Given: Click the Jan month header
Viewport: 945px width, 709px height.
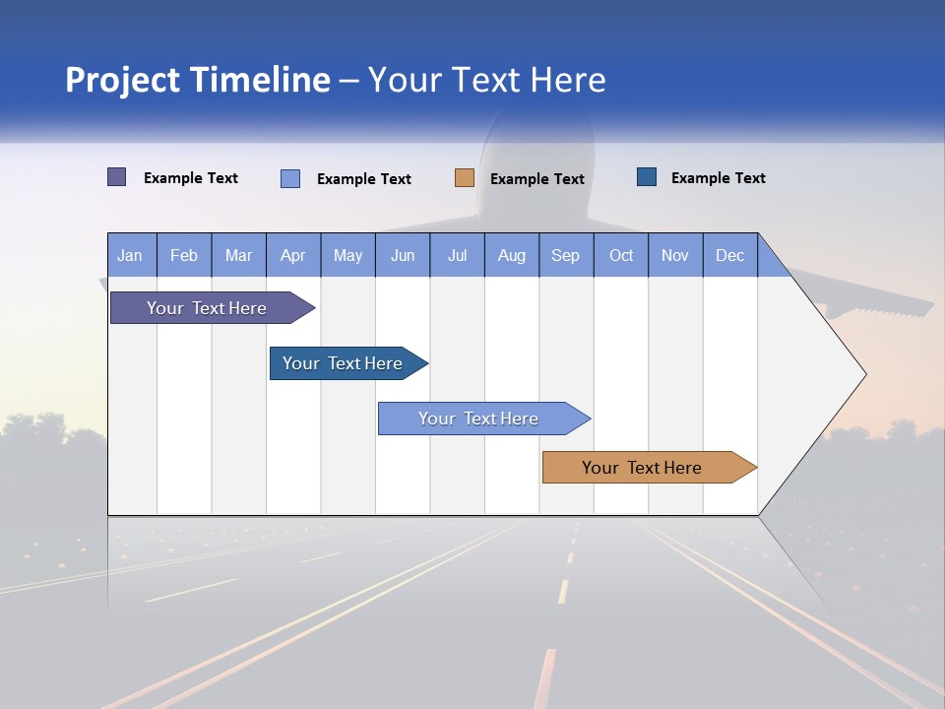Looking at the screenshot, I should coord(130,255).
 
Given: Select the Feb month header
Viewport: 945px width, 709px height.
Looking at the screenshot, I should coord(184,255).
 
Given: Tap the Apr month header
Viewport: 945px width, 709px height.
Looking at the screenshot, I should coord(292,255).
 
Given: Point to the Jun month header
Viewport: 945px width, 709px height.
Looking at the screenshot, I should coord(403,255).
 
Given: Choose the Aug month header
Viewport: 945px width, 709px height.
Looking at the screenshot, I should coord(511,255).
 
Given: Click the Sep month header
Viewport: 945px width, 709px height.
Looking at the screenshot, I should coord(565,255).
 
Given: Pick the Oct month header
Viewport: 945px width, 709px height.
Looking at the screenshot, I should coord(621,255).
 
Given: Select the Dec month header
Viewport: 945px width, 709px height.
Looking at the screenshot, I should coord(729,255).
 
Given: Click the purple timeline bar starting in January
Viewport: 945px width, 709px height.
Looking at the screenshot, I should coord(208,308).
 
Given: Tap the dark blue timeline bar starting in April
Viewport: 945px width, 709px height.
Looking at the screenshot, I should coord(344,363).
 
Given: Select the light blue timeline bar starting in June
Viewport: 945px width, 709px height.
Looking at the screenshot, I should coord(479,419).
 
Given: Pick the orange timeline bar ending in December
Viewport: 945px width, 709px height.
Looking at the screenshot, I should coord(643,468).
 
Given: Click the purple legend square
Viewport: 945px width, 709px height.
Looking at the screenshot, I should coord(117,177).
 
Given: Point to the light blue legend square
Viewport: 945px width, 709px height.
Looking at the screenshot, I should coord(290,178).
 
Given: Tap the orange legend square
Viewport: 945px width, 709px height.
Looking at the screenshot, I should coord(465,178).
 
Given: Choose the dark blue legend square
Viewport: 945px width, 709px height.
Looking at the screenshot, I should coord(647,177).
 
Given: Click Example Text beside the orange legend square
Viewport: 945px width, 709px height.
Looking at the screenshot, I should coord(537,179).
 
